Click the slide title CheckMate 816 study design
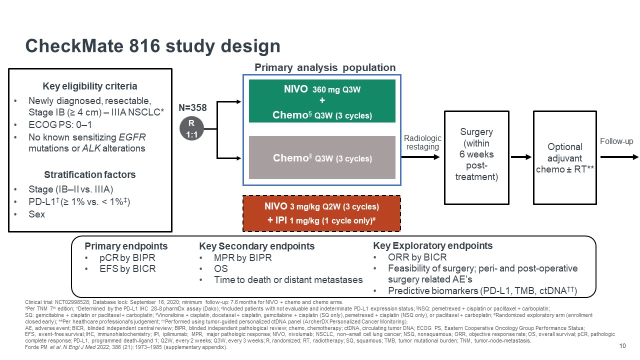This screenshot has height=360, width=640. click(x=152, y=46)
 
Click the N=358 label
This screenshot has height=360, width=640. click(x=192, y=107)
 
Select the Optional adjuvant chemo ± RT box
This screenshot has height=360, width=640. click(x=565, y=157)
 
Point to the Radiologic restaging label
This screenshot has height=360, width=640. click(x=422, y=142)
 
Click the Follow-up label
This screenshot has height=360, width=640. click(x=616, y=141)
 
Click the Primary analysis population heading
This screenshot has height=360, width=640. click(x=325, y=67)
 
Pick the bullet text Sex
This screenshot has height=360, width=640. click(x=36, y=214)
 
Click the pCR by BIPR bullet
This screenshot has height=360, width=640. click(x=127, y=257)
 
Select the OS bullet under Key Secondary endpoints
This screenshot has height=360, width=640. click(x=220, y=268)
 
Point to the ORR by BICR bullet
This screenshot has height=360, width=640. click(x=417, y=257)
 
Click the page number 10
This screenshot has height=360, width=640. click(x=622, y=346)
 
